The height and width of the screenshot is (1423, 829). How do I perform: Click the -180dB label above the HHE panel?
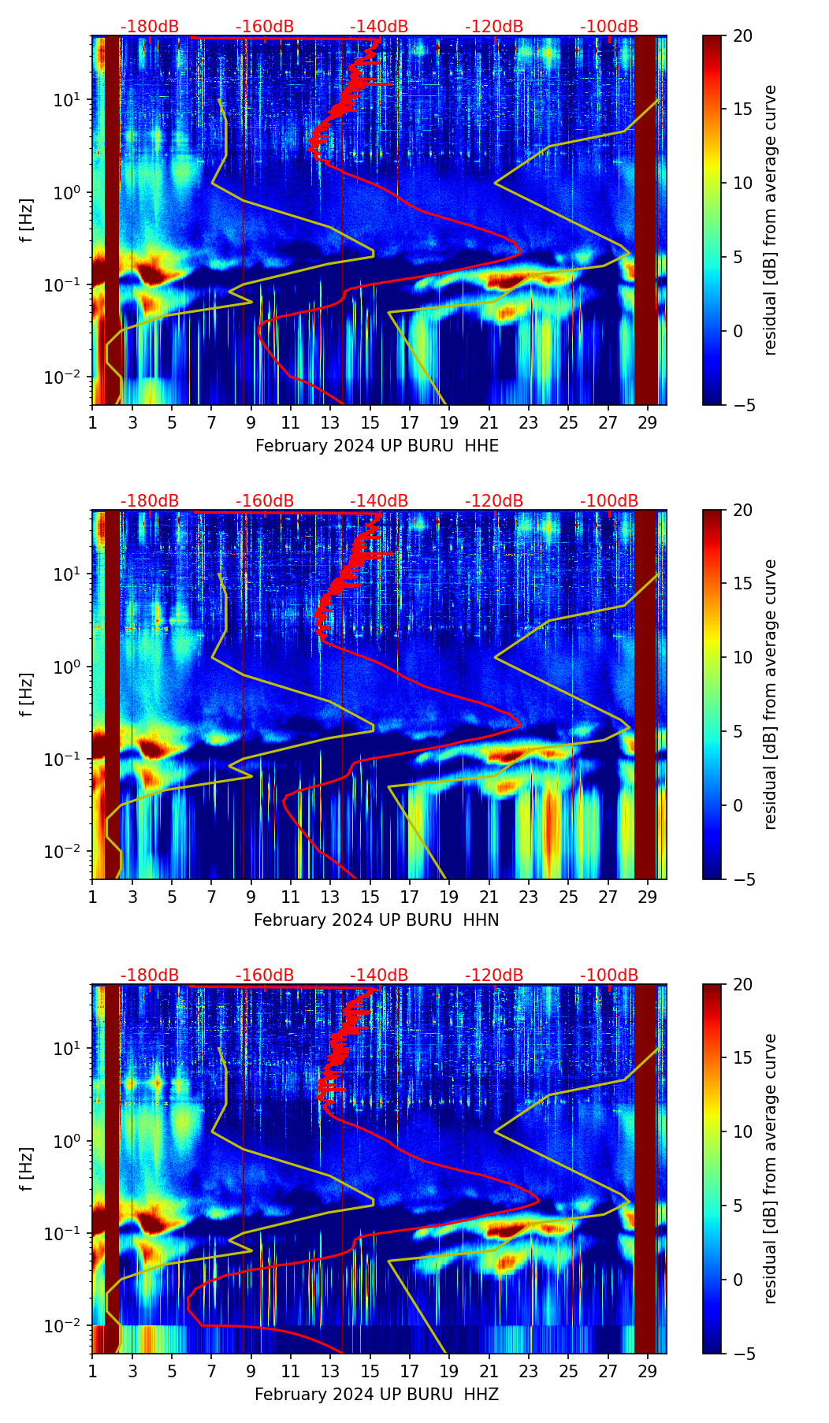point(150,27)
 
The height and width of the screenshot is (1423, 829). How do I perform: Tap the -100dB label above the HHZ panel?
point(609,975)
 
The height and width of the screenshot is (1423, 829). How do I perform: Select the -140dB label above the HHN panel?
point(379,501)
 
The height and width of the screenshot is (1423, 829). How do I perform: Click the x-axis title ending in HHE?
point(377,446)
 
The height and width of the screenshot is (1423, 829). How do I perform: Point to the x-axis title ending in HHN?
point(376,920)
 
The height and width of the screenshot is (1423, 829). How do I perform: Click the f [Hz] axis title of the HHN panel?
point(27,694)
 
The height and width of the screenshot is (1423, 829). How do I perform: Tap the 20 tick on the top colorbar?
point(742,35)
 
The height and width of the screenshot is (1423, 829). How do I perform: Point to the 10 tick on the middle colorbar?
point(742,657)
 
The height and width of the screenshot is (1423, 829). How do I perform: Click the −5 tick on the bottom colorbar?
point(742,1353)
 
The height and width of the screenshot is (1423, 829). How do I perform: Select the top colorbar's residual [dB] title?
point(770,220)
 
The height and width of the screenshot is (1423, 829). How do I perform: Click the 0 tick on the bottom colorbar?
point(738,1280)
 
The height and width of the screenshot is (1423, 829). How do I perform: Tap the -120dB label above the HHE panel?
point(494,27)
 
